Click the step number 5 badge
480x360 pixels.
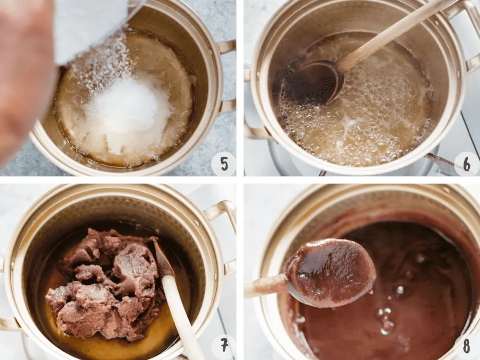click(224, 164)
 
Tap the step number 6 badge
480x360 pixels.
click(466, 164)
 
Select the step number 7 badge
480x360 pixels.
click(224, 345)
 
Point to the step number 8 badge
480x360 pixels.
click(466, 346)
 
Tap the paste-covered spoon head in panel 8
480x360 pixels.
click(330, 272)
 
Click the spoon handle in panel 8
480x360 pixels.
click(266, 286)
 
